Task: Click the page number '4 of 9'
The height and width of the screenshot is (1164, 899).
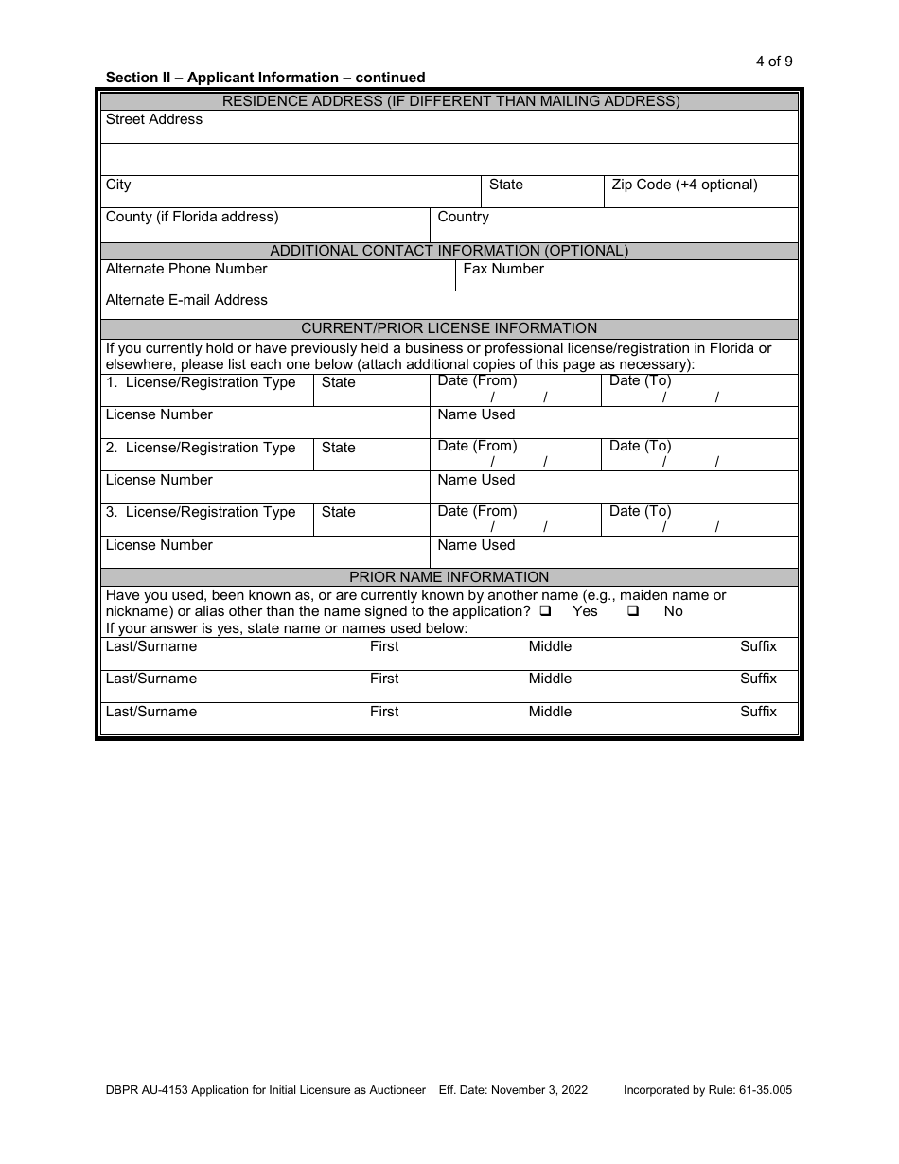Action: (773, 62)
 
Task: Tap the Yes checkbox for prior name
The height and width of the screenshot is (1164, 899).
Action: (546, 611)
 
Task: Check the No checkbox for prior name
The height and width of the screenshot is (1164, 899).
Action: (633, 611)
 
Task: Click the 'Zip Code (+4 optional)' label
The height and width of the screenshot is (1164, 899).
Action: (684, 185)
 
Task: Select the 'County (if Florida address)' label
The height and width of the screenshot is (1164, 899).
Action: (192, 217)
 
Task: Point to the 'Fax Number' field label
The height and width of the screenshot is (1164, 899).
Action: (503, 269)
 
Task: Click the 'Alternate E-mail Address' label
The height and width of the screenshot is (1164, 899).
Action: (186, 300)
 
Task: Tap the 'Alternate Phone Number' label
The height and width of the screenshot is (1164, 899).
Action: (186, 269)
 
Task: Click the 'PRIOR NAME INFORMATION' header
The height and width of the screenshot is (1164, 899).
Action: (449, 576)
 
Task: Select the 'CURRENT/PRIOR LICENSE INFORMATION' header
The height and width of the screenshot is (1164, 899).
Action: (449, 328)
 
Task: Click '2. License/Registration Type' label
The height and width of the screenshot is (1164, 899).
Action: (201, 448)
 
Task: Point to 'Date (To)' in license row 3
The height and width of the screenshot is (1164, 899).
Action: (640, 511)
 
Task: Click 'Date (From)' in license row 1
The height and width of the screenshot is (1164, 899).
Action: (477, 380)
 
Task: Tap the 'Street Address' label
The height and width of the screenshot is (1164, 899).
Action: (154, 119)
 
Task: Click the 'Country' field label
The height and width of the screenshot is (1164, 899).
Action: (463, 217)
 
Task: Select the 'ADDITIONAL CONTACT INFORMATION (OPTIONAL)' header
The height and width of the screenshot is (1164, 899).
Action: (449, 251)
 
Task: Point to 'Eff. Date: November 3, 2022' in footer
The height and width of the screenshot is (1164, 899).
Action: (513, 1090)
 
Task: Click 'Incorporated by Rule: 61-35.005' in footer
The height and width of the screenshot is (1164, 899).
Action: (707, 1090)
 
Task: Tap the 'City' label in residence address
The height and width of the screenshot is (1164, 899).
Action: (118, 185)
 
